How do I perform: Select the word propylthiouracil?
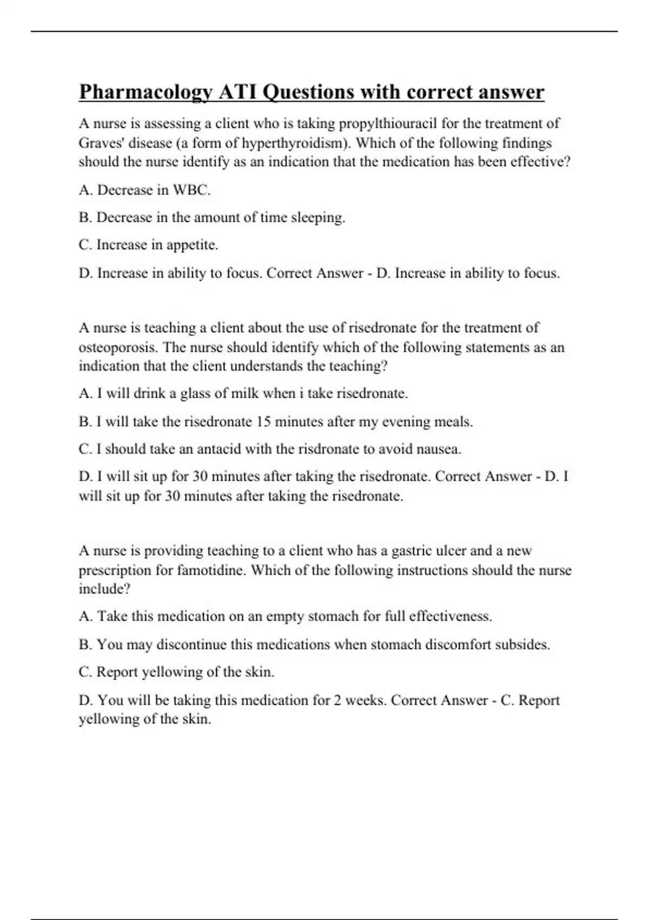click(x=388, y=124)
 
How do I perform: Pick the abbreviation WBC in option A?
click(x=191, y=190)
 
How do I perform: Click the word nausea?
click(x=440, y=449)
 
